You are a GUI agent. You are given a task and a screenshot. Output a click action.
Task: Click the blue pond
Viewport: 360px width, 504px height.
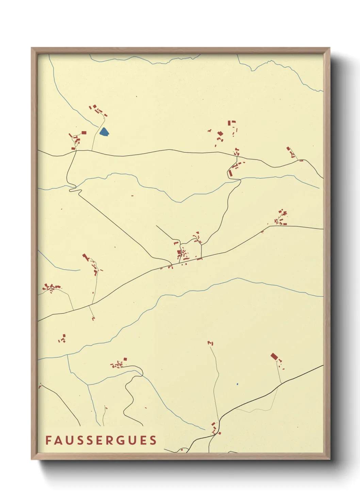pos(104,132)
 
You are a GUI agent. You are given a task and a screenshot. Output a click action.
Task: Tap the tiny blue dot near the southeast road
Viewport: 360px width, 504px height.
pos(237,384)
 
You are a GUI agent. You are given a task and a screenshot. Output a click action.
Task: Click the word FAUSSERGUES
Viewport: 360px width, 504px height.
pos(101,440)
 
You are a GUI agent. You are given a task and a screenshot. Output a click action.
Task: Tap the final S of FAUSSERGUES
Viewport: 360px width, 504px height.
pos(153,440)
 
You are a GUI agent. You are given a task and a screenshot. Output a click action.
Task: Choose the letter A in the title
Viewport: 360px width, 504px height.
pos(58,440)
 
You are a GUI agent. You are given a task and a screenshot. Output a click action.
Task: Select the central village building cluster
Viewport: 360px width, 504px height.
pos(182,255)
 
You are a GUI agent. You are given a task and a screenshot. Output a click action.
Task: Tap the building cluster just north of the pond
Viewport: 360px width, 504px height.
pos(98,110)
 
